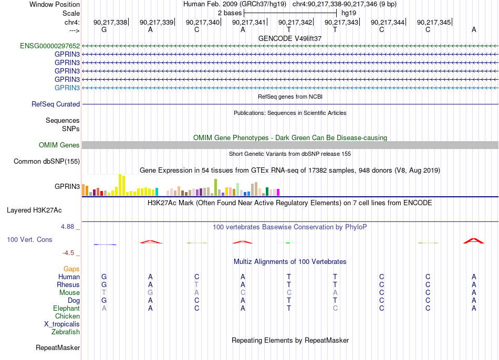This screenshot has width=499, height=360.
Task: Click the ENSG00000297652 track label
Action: pos(50,46)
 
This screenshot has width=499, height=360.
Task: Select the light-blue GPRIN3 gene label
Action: pos(67,88)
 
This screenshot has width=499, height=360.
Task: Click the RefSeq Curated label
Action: pos(56,104)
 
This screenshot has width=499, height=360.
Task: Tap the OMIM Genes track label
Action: pos(59,145)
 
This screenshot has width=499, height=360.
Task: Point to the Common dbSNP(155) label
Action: pos(47,161)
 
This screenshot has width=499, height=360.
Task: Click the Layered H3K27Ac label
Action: pos(34,210)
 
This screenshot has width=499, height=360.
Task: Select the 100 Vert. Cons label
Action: pos(29,239)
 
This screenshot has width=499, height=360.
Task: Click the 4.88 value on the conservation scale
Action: pos(67,226)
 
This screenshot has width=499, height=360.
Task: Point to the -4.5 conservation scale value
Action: pos(68,253)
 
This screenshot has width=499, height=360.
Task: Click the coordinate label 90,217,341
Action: pos(249,22)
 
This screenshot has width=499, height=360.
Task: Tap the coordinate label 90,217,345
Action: pos(434,22)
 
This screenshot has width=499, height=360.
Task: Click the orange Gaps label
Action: pos(71,269)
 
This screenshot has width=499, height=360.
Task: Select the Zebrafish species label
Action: pos(66,332)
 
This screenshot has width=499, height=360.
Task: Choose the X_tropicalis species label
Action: pos(62,324)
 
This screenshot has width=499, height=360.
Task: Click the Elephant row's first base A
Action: pos(104,308)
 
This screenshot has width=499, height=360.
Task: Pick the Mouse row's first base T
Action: pos(104,293)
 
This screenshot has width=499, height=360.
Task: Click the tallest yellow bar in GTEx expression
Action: pos(120,185)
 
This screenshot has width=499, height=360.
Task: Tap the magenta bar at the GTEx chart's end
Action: pos(278,193)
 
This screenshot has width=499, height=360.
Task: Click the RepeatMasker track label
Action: pos(58,347)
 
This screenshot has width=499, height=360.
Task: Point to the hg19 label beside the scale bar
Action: pos(349,13)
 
